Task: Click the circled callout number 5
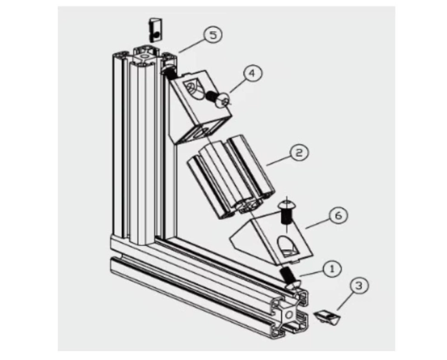(213, 35)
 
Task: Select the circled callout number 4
(253, 73)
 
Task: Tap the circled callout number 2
(299, 153)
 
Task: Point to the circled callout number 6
(339, 215)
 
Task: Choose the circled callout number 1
(332, 269)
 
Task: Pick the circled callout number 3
(359, 285)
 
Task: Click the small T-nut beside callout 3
(327, 316)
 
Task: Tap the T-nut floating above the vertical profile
(155, 30)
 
